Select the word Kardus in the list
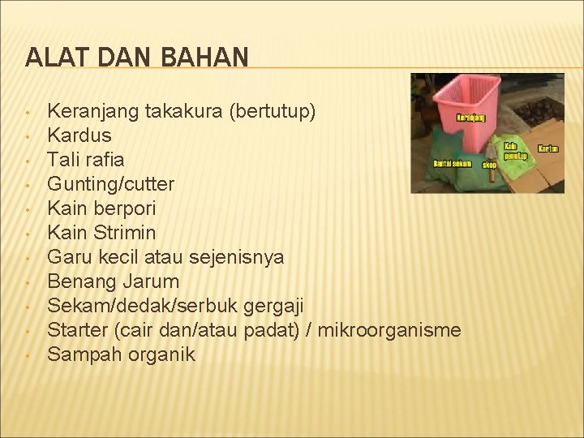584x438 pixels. pos(79,135)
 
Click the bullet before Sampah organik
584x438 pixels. pos(28,355)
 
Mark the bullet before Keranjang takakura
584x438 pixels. pos(28,112)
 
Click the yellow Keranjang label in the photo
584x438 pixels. pos(476,117)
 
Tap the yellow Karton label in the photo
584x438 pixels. pos(548,149)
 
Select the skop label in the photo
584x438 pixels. pos(489,165)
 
